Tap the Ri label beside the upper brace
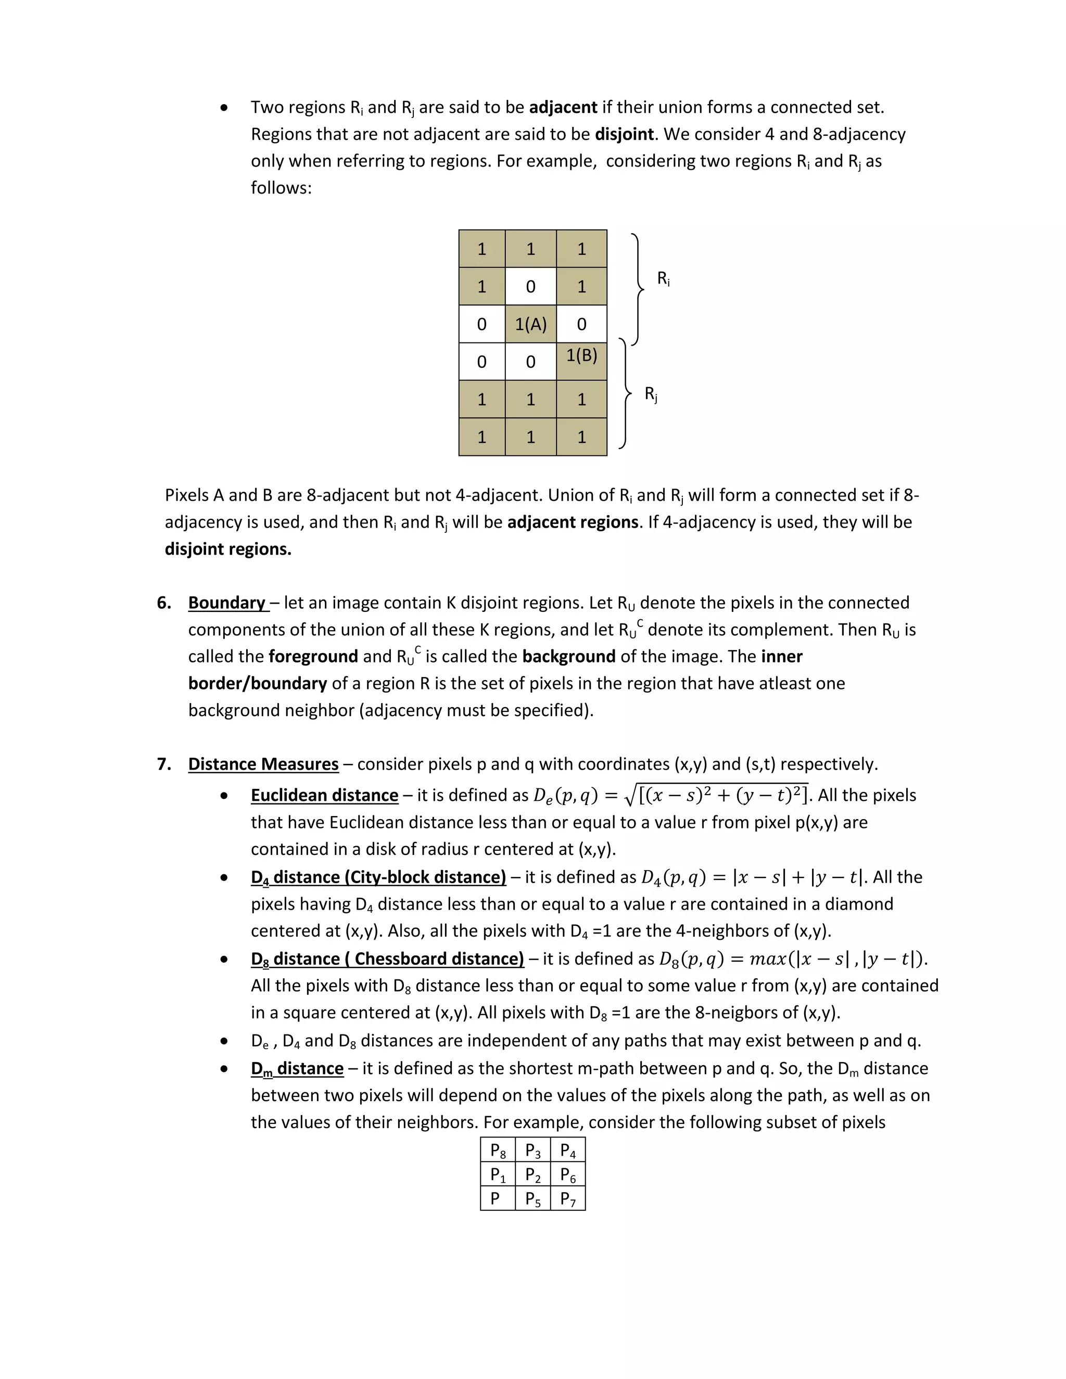pos(663,278)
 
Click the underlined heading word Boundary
pos(227,603)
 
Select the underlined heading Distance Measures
pos(263,764)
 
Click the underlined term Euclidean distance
pos(325,795)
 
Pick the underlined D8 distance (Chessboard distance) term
pos(387,959)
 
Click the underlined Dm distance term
pos(297,1068)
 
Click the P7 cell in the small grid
pos(568,1198)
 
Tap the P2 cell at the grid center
pos(533,1174)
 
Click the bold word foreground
pos(313,656)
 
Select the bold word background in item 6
pos(568,656)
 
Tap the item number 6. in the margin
pos(164,603)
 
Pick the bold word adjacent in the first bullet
pos(563,107)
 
